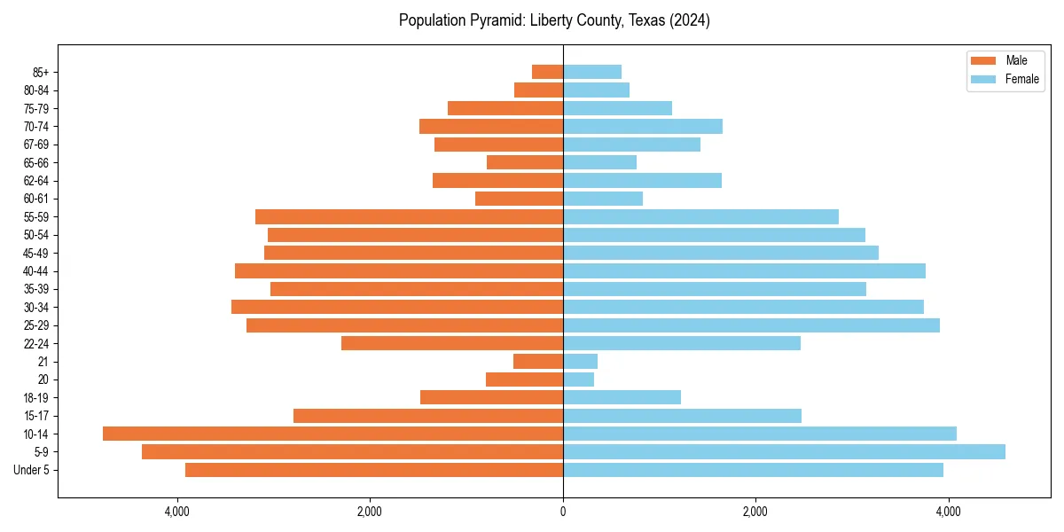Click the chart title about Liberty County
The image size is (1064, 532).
tap(554, 20)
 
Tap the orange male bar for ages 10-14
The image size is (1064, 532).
tap(332, 434)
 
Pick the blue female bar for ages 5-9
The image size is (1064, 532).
tap(784, 451)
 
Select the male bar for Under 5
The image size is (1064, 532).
tap(374, 470)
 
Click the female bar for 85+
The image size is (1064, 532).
tap(592, 72)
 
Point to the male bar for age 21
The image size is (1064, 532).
tap(538, 361)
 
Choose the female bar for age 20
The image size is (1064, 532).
tap(578, 379)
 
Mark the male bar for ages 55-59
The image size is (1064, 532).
tap(409, 216)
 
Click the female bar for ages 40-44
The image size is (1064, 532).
tap(744, 270)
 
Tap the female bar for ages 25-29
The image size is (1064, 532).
tap(751, 325)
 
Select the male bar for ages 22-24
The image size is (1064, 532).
tap(452, 343)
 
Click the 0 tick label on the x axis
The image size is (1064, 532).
tap(563, 512)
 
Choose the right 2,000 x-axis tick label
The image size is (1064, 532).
tap(755, 512)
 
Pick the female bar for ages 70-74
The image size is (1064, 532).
tap(643, 126)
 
